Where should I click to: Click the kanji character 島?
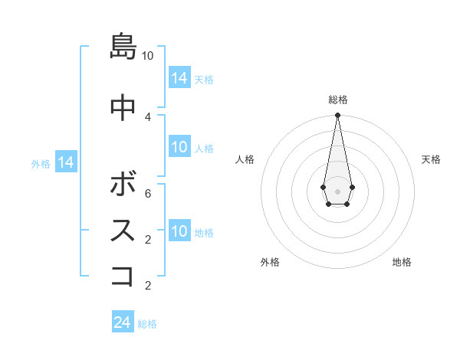pos(123,47)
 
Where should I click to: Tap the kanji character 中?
pos(123,107)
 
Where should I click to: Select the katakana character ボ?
pos(123,185)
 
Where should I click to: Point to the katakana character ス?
pos(123,231)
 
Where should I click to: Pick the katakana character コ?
pos(123,276)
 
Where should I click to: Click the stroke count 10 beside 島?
pos(148,56)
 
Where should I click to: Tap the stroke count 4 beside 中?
pos(148,116)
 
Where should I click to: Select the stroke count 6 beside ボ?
pos(148,193)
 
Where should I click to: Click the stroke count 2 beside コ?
pos(148,286)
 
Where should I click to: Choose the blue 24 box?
pos(123,322)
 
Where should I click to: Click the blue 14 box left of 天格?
pos(179,77)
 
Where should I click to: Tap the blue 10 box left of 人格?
pos(179,147)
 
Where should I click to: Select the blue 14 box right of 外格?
pos(66,162)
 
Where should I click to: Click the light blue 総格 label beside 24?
pos(147,324)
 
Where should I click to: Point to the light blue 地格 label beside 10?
pos(204,233)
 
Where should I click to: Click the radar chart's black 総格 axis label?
pos(338,100)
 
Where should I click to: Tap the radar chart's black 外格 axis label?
pos(270,262)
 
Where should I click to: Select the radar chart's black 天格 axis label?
pos(431,159)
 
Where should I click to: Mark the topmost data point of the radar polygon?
pos(337,116)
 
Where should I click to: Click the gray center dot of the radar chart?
pos(337,190)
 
